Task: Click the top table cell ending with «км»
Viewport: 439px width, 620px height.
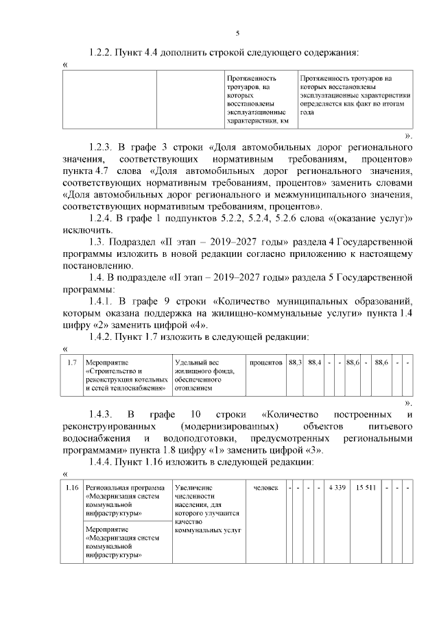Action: (260, 99)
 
